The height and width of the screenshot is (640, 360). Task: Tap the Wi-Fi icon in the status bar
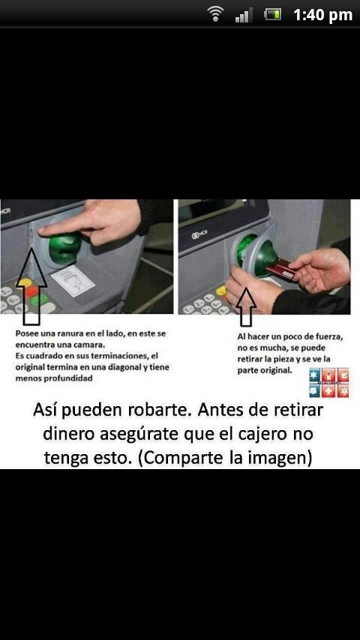pyautogui.click(x=216, y=14)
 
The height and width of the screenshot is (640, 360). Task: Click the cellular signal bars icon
pyautogui.click(x=243, y=15)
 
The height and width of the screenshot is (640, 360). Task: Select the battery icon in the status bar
pyautogui.click(x=272, y=14)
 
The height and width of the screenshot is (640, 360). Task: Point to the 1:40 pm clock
pyautogui.click(x=322, y=15)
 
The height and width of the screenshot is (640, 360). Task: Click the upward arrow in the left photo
pyautogui.click(x=31, y=284)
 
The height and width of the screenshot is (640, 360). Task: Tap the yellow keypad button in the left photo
pyautogui.click(x=25, y=283)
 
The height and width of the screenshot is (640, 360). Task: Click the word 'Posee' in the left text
pyautogui.click(x=28, y=333)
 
